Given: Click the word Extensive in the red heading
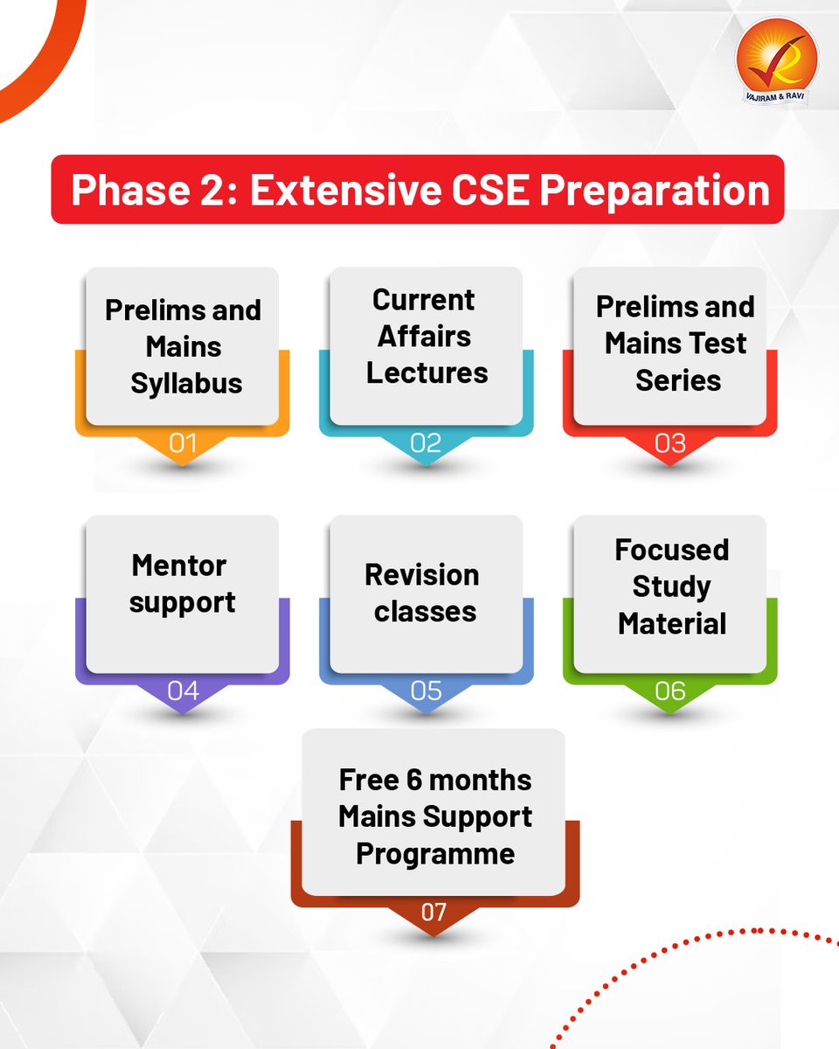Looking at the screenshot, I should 344,191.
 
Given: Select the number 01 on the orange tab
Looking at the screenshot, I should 183,443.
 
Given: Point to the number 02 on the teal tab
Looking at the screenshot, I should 426,443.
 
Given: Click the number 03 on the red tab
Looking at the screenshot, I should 669,443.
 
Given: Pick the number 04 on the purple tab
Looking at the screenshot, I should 183,691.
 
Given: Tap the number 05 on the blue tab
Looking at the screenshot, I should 426,691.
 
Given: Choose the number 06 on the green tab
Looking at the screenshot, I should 669,691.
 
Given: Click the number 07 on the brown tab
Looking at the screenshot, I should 433,913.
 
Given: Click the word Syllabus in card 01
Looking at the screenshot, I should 186,384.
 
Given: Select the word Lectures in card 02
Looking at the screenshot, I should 426,373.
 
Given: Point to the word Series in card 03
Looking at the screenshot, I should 677,381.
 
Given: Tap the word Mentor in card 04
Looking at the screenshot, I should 179,566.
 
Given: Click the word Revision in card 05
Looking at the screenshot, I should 421,575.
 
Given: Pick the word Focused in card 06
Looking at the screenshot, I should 671,550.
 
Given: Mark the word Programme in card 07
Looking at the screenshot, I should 434,854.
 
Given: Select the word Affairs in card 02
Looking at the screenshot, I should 424,337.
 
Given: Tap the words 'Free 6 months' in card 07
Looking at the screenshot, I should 434,780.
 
